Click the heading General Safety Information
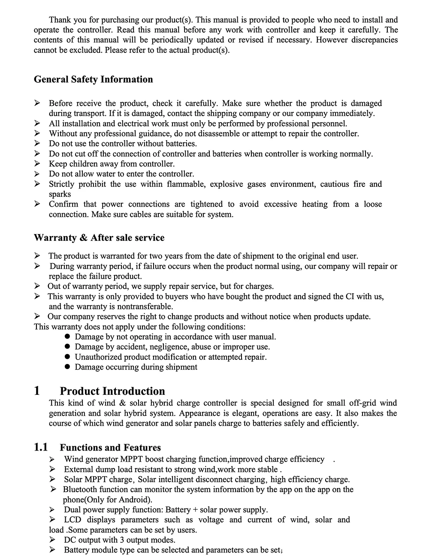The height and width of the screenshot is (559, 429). [x=93, y=79]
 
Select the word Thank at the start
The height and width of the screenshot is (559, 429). [x=60, y=20]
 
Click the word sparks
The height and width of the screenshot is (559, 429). [x=60, y=194]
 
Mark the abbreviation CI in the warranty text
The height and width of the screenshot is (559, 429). [x=350, y=296]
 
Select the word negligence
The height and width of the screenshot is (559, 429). [x=169, y=347]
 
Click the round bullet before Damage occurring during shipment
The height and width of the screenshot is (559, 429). [x=67, y=367]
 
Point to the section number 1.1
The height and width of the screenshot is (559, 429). [x=41, y=448]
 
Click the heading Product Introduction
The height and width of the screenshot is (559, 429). [x=112, y=391]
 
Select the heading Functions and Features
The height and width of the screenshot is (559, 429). [x=110, y=448]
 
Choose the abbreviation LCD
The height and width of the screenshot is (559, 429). [x=73, y=520]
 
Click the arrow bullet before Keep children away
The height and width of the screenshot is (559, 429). [x=37, y=164]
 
